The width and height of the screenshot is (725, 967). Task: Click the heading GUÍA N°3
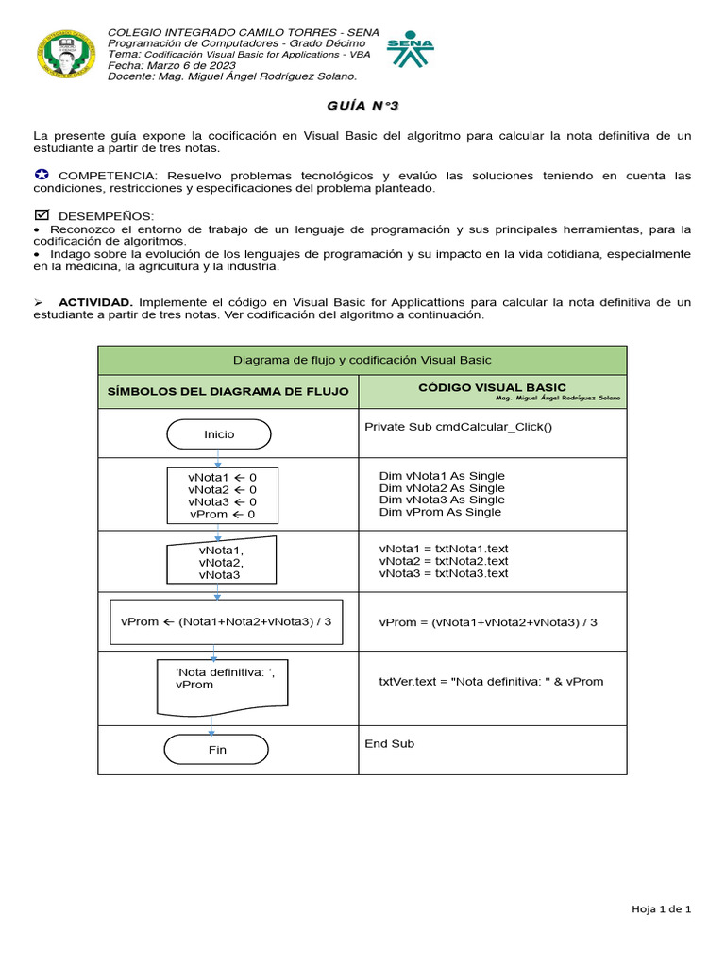click(x=362, y=108)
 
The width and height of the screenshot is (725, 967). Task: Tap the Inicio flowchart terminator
click(x=219, y=434)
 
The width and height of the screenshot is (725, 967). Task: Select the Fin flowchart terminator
click(x=217, y=750)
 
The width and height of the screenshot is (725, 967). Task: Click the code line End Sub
click(x=389, y=744)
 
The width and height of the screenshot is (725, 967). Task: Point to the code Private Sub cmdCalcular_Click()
click(x=458, y=427)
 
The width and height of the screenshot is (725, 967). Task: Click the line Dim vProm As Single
click(x=440, y=512)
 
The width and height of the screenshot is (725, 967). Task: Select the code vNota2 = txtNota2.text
click(x=444, y=561)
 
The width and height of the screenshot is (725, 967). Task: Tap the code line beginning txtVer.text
click(x=490, y=681)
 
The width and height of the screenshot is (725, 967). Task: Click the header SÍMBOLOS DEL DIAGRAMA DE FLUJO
click(x=228, y=391)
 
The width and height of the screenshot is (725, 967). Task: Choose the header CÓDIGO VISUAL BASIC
click(x=492, y=388)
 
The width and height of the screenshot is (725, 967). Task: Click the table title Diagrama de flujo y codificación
click(x=362, y=360)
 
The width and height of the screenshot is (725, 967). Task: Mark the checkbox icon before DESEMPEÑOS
click(x=41, y=216)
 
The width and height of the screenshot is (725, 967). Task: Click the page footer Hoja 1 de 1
click(x=662, y=909)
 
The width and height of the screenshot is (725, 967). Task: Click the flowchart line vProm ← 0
click(x=222, y=515)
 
